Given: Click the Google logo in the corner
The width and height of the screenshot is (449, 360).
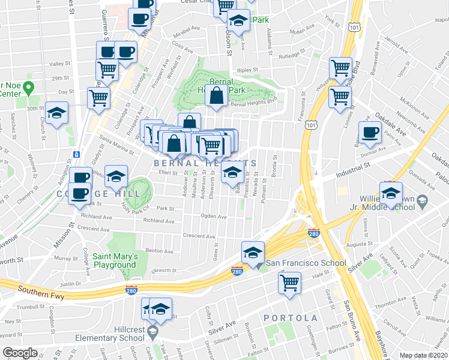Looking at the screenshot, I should pos(20,353).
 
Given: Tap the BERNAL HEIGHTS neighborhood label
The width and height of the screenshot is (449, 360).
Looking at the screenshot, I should pos(205,163).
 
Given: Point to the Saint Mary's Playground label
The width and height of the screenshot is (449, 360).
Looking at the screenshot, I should pos(115,260).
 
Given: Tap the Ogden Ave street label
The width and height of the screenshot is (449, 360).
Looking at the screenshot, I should pos(214,216).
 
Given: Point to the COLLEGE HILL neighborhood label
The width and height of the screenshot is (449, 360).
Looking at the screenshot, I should pos(108,194).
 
